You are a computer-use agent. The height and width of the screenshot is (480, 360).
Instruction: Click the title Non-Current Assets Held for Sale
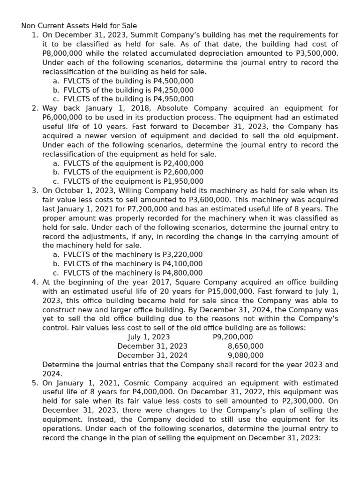tap(79, 26)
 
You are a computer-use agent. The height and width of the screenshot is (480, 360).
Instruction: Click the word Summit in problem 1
tap(144, 35)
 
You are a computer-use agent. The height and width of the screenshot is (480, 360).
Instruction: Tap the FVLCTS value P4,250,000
tap(173, 90)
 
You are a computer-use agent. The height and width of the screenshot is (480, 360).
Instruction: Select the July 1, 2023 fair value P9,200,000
tap(232, 337)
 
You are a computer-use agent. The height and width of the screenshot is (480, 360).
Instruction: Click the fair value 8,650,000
tap(245, 346)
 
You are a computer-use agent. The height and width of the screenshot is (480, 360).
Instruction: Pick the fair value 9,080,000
tap(245, 355)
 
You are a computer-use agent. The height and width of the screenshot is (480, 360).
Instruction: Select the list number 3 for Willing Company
tap(35, 191)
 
